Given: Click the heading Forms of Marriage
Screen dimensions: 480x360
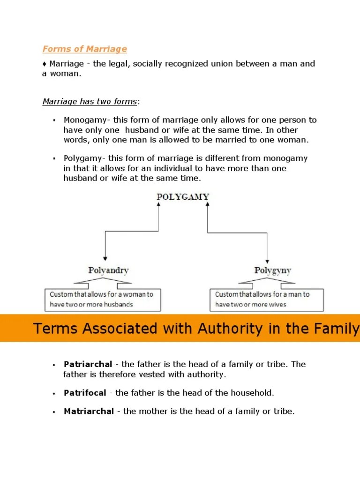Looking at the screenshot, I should tap(84, 49).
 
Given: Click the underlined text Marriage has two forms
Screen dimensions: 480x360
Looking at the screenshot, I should tap(90, 101).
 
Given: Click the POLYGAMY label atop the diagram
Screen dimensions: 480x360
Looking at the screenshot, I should tap(183, 197).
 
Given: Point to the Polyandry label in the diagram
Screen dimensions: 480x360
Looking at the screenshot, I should tap(108, 270).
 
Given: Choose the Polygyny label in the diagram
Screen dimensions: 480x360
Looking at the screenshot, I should tap(272, 270).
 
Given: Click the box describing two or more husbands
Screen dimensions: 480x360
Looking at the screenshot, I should tap(103, 299).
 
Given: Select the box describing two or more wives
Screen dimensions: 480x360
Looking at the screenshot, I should tap(266, 299).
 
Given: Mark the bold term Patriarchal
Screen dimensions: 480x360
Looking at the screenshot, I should tap(88, 364).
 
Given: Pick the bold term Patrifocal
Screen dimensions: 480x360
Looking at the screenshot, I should tap(85, 393).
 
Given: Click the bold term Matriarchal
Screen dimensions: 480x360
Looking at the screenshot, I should tap(89, 412).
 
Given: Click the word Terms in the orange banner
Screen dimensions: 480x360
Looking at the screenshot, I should tap(54, 328).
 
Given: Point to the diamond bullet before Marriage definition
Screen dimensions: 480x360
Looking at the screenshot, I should tap(45, 64).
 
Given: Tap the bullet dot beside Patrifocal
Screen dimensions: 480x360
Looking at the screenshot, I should tap(54, 393).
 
